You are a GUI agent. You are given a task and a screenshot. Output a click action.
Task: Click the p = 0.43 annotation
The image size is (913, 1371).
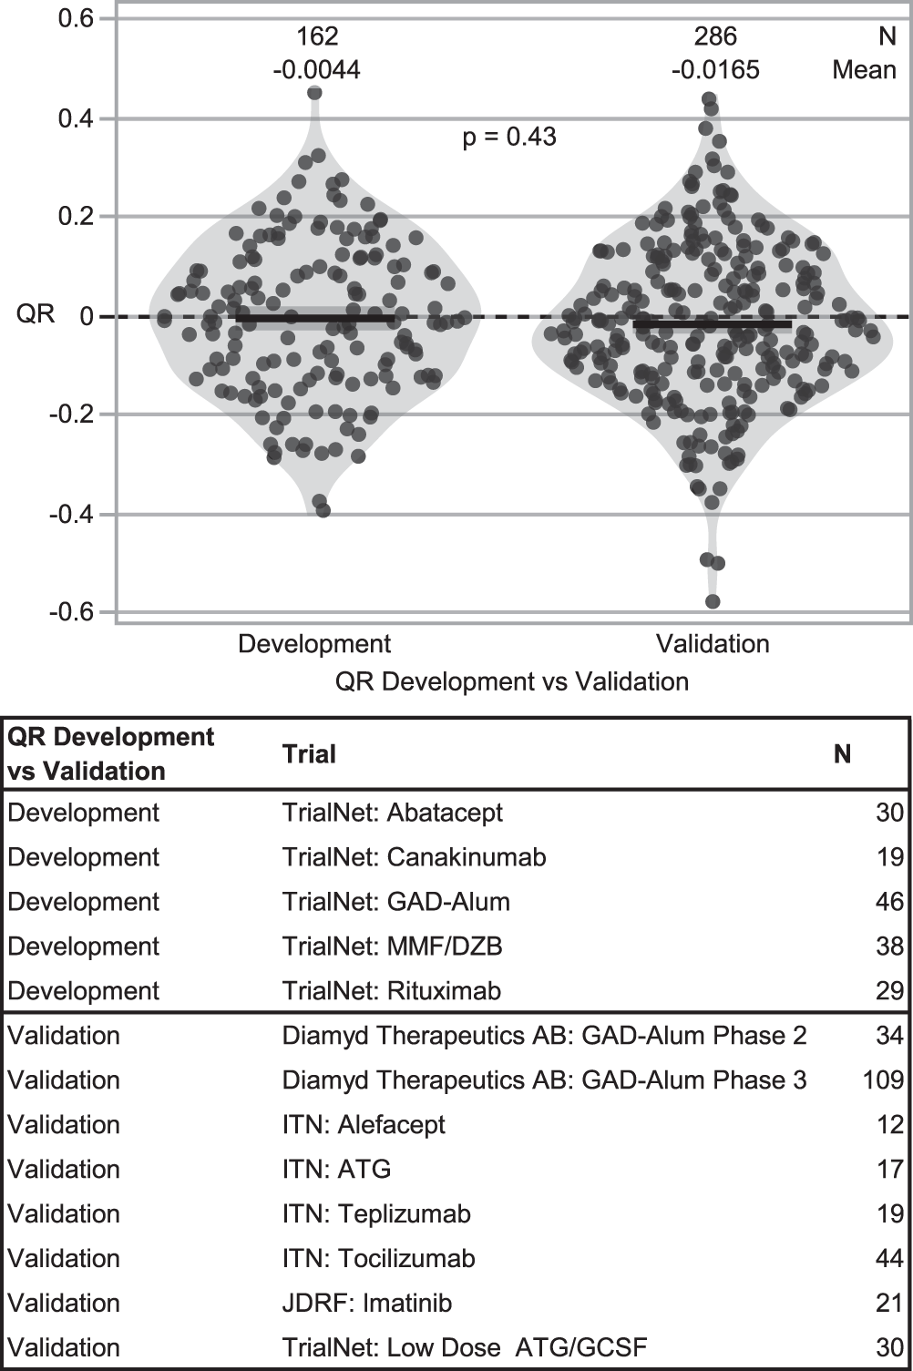pyautogui.click(x=509, y=137)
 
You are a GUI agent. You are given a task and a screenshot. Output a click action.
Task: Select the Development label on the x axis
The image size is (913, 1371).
pyautogui.click(x=314, y=644)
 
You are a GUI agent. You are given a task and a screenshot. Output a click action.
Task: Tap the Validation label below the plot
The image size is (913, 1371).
pyautogui.click(x=713, y=644)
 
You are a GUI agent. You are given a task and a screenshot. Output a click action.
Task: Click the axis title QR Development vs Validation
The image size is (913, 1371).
pyautogui.click(x=511, y=681)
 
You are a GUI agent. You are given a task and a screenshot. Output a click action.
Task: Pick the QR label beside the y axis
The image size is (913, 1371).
pyautogui.click(x=36, y=315)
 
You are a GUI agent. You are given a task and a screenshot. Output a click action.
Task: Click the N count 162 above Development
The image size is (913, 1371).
pyautogui.click(x=317, y=36)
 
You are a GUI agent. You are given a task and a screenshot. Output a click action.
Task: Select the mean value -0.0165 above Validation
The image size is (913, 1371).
pyautogui.click(x=714, y=70)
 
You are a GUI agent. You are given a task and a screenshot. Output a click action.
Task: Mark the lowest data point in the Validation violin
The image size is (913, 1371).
pyautogui.click(x=713, y=601)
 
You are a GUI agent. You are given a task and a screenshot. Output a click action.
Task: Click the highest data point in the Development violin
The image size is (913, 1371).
pyautogui.click(x=314, y=93)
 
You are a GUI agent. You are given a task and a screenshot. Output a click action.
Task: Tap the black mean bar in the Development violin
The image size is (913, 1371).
pyautogui.click(x=315, y=318)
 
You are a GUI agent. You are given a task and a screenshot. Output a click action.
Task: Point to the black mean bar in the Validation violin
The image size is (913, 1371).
pyautogui.click(x=713, y=323)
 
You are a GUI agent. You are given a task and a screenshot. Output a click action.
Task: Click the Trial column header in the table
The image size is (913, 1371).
pyautogui.click(x=309, y=754)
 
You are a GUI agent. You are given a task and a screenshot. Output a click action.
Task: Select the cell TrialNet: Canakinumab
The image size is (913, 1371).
pyautogui.click(x=414, y=857)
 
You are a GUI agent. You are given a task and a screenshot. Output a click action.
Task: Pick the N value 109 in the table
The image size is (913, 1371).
pyautogui.click(x=883, y=1080)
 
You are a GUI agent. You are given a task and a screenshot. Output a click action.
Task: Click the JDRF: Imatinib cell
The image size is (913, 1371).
pyautogui.click(x=366, y=1304)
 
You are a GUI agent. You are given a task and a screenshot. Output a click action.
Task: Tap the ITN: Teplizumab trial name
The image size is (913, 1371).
pyautogui.click(x=376, y=1214)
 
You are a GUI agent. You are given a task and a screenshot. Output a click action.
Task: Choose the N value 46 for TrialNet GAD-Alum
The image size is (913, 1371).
pyautogui.click(x=889, y=902)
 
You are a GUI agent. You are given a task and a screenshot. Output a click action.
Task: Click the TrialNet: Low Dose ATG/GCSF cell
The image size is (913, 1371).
pyautogui.click(x=465, y=1348)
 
